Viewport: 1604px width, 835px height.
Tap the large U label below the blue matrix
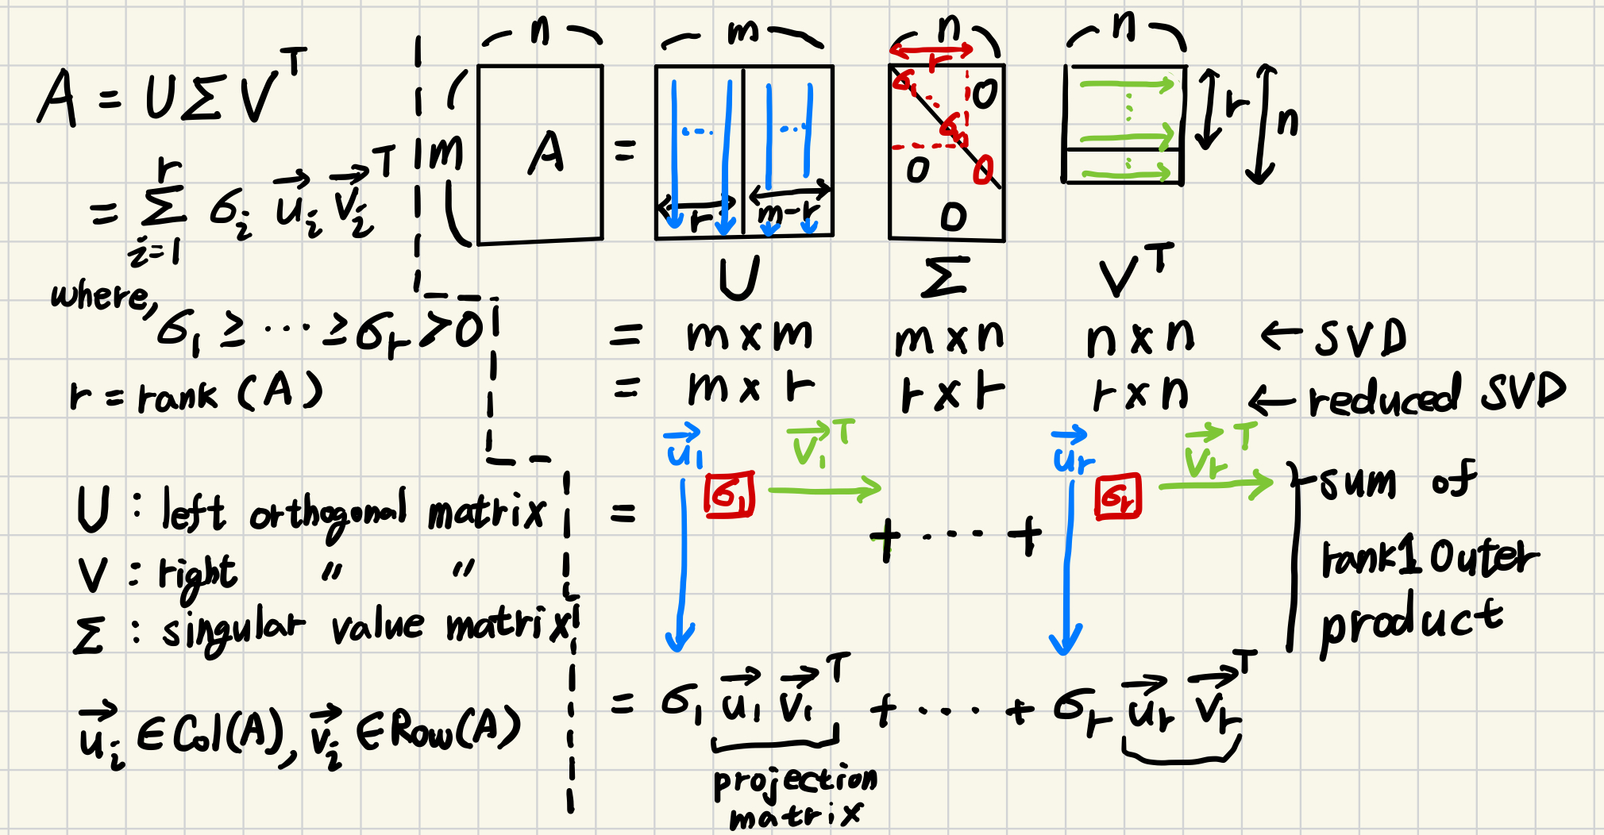pyautogui.click(x=738, y=277)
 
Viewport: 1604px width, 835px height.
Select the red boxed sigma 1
pyautogui.click(x=729, y=496)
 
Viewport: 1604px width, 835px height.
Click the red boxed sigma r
pyautogui.click(x=1118, y=496)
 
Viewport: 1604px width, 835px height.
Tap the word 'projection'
pyautogui.click(x=795, y=781)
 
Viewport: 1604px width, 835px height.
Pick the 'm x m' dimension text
pyautogui.click(x=750, y=335)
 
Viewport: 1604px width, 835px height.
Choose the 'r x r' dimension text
pyautogui.click(x=953, y=393)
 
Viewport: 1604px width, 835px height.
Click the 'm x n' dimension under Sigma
pyautogui.click(x=949, y=338)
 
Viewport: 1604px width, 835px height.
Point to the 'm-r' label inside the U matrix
pyautogui.click(x=788, y=213)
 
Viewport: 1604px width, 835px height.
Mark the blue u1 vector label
pyautogui.click(x=684, y=448)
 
